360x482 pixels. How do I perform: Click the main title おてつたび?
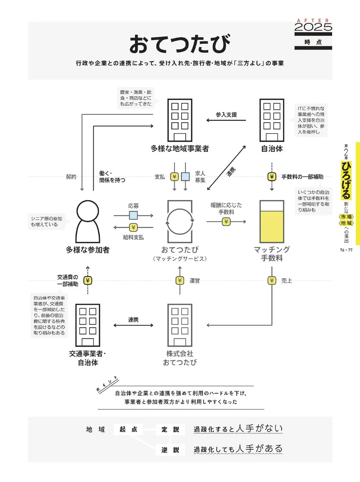pos(180,44)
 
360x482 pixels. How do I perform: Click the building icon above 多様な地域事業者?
pos(180,120)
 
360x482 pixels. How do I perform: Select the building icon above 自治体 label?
pos(272,120)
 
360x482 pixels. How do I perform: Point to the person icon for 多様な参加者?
pos(87,221)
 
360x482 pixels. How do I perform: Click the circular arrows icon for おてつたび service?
pos(180,221)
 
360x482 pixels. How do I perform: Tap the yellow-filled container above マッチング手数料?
pos(272,221)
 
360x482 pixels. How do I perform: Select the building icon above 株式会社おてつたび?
pos(180,325)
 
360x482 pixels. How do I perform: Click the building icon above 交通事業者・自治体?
pos(87,325)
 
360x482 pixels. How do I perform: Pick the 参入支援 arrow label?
pos(226,115)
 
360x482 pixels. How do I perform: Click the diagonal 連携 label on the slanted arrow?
pos(231,172)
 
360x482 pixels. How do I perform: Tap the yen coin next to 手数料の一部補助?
pos(272,177)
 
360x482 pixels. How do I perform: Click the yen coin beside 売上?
pos(272,281)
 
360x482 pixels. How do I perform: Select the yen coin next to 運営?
pos(180,281)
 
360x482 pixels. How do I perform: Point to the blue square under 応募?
pos(133,215)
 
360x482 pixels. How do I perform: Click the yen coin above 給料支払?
pos(133,227)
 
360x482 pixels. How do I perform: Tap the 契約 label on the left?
pos(71,177)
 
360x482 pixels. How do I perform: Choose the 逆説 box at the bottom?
pos(170,450)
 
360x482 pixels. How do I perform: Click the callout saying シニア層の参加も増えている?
pos(46,221)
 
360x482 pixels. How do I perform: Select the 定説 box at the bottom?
pos(170,430)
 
